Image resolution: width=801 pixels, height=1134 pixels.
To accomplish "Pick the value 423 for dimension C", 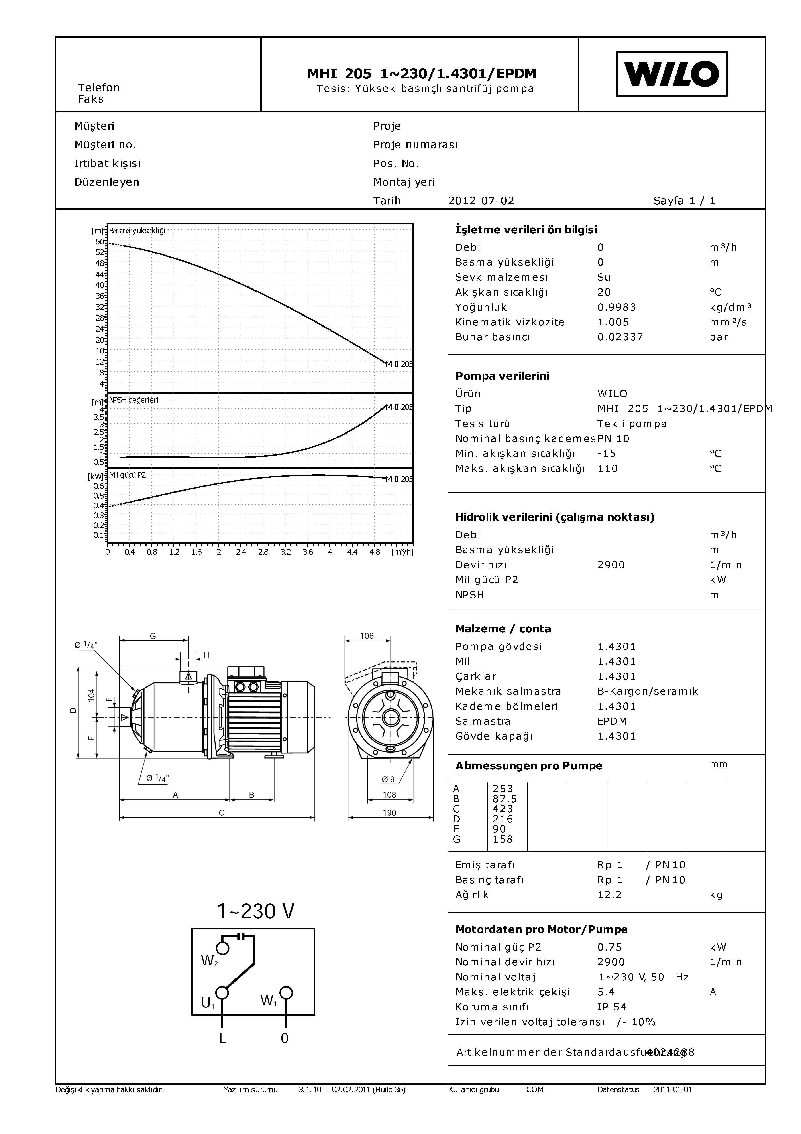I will (x=503, y=809).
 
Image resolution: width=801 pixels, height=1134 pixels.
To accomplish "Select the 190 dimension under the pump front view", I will (x=389, y=813).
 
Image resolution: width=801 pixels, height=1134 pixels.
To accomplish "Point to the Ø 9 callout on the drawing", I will (x=388, y=779).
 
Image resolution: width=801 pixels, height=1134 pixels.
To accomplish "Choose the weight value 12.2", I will (x=610, y=895).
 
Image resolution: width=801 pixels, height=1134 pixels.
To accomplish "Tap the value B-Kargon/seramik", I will (x=648, y=691).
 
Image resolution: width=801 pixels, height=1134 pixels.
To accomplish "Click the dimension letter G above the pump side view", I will (x=153, y=636).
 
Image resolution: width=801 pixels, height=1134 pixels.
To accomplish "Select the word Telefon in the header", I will (x=99, y=87).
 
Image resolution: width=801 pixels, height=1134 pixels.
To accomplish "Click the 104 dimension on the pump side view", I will (x=91, y=695).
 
